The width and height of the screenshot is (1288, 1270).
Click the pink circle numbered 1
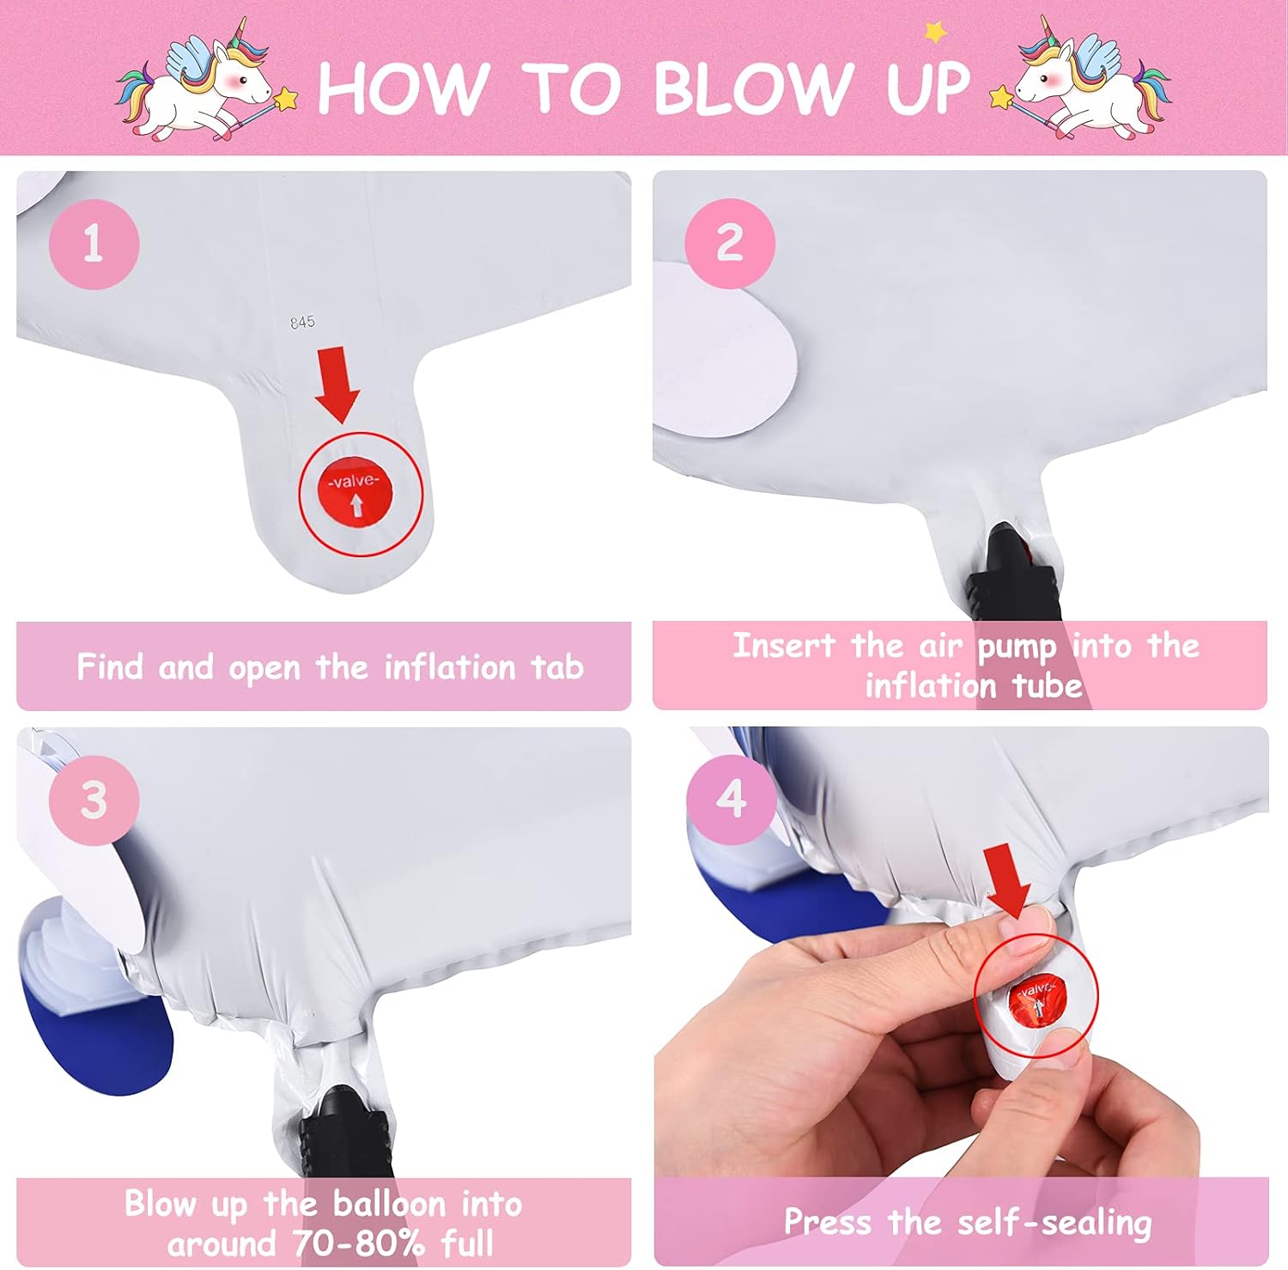tap(94, 244)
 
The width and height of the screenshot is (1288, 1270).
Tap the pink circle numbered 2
tap(730, 243)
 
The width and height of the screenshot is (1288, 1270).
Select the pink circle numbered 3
tap(94, 800)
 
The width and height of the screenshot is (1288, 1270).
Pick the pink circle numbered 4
tap(731, 799)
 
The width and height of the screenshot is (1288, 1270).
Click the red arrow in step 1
tap(337, 384)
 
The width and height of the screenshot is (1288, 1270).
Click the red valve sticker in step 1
tap(355, 495)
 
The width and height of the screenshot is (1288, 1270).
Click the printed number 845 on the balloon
tap(302, 322)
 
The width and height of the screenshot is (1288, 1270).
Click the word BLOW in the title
tap(752, 88)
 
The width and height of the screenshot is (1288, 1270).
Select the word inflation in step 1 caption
tap(449, 667)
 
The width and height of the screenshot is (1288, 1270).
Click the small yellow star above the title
tap(935, 33)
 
